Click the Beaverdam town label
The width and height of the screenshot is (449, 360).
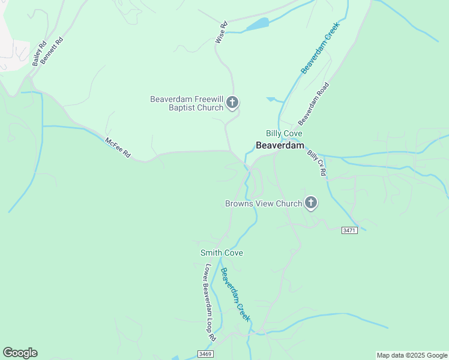pyautogui.click(x=280, y=145)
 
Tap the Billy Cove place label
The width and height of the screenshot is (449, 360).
pyautogui.click(x=284, y=133)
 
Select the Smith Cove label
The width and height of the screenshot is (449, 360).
pyautogui.click(x=221, y=253)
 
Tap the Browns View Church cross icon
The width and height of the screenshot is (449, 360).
pyautogui.click(x=311, y=203)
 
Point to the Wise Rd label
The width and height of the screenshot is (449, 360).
pyautogui.click(x=221, y=32)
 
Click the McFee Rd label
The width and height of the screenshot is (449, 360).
pyautogui.click(x=118, y=148)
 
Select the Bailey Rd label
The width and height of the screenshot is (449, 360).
pyautogui.click(x=40, y=53)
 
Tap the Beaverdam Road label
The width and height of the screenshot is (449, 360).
pyautogui.click(x=314, y=100)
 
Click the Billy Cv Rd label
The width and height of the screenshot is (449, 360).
pyautogui.click(x=316, y=163)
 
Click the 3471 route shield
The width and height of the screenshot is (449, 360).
pyautogui.click(x=349, y=230)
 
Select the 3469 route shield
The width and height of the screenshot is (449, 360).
pyautogui.click(x=205, y=355)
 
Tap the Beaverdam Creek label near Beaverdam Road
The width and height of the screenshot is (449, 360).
pyautogui.click(x=321, y=47)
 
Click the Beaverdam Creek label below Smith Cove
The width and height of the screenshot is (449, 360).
pyautogui.click(x=235, y=295)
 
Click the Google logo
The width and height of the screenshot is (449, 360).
pyautogui.click(x=20, y=353)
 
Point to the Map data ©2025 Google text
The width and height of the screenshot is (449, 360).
pyautogui.click(x=412, y=355)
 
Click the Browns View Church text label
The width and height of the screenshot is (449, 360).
pyautogui.click(x=264, y=203)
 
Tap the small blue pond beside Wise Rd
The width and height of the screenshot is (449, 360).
pyautogui.click(x=257, y=25)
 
